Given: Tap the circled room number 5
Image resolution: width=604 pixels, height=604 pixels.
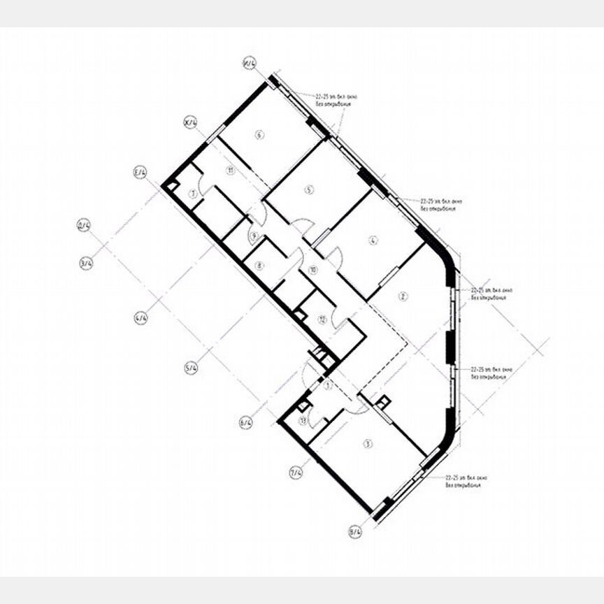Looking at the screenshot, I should click(x=308, y=189).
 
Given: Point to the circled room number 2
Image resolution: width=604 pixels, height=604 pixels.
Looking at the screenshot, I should click(x=403, y=296).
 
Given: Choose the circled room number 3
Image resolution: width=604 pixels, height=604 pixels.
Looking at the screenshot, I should click(x=366, y=443).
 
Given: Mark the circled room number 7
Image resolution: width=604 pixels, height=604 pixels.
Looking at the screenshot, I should click(x=190, y=194).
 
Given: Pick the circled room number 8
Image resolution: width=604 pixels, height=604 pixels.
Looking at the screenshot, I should click(x=259, y=265).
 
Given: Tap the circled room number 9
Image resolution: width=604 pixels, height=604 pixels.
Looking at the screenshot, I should click(x=254, y=235).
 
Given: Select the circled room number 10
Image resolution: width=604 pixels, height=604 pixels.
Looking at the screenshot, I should click(x=312, y=269).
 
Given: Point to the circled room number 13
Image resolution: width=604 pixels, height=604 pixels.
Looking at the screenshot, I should click(x=303, y=420).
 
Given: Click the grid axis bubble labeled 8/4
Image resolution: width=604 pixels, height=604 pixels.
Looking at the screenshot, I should click(x=355, y=533).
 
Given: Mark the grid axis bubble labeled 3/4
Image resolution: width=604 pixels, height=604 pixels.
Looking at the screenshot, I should click(x=86, y=264).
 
